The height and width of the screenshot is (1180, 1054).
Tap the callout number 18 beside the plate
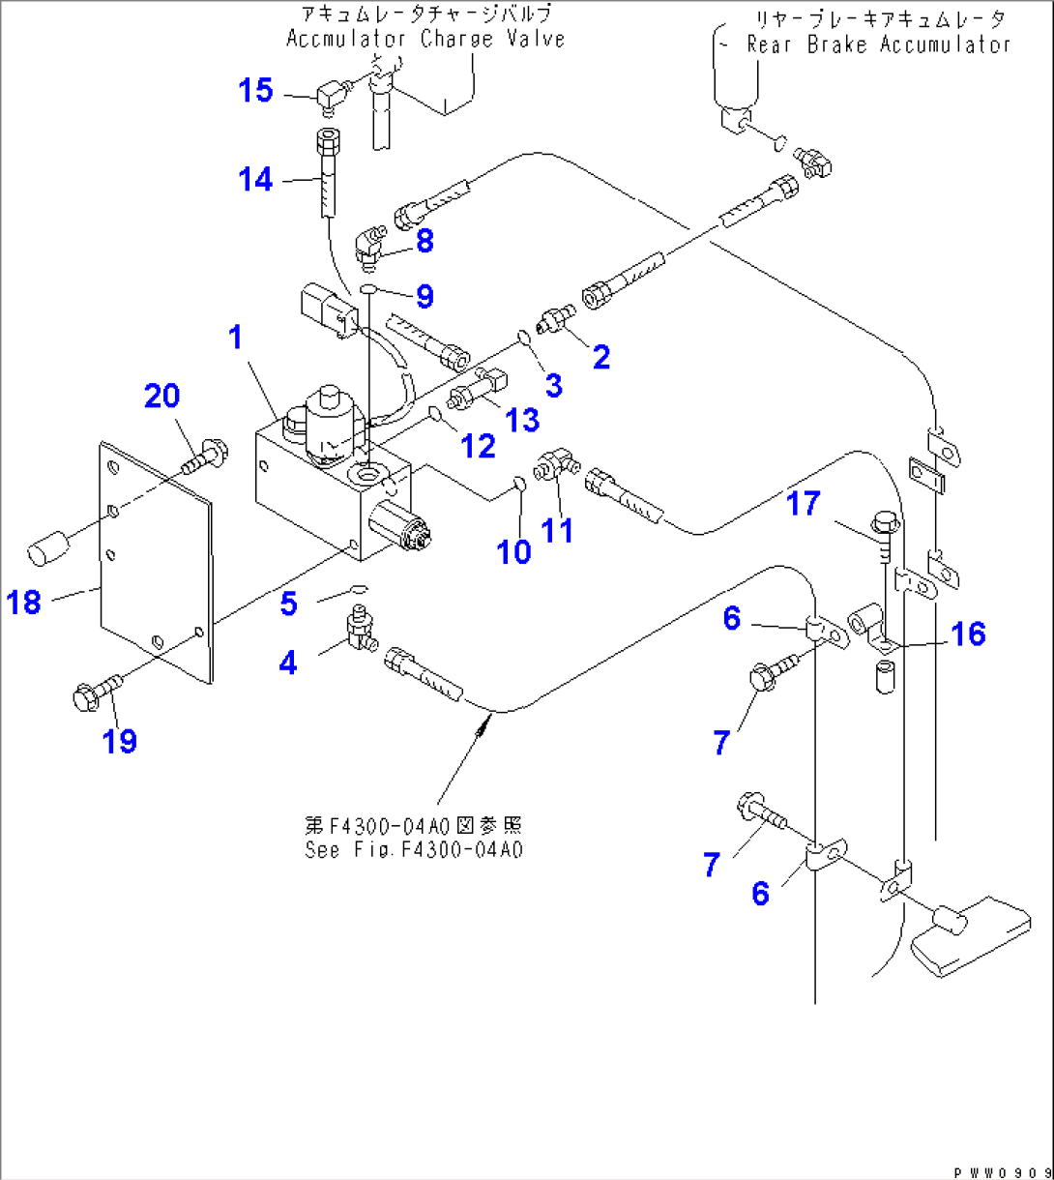(x=24, y=603)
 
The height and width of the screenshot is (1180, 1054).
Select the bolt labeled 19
(x=95, y=691)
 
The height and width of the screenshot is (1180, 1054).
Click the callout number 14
(x=256, y=179)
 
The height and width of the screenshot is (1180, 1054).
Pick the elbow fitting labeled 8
(x=368, y=242)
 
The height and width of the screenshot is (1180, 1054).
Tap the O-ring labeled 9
(x=369, y=289)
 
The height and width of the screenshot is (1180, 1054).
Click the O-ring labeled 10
(x=517, y=483)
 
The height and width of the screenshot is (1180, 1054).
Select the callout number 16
(x=967, y=634)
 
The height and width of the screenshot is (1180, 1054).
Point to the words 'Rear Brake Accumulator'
(x=877, y=44)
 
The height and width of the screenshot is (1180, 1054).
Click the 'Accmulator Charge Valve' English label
(x=425, y=40)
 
